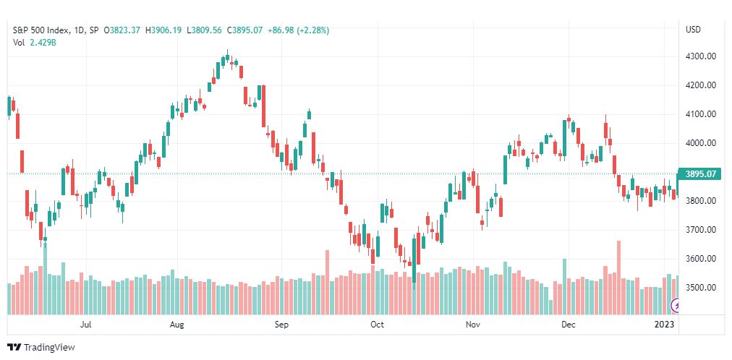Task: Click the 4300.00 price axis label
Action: click(700, 56)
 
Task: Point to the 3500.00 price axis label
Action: click(700, 288)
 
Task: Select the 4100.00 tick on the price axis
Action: click(700, 114)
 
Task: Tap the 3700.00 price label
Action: click(700, 230)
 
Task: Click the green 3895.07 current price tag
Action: click(700, 174)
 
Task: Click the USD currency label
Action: click(693, 30)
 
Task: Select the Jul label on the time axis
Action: click(85, 325)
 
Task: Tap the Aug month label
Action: click(177, 325)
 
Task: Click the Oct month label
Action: click(377, 325)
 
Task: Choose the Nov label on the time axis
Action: click(473, 325)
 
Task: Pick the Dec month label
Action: click(568, 325)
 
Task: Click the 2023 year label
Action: click(665, 325)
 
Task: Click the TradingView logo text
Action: click(49, 348)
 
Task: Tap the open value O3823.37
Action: click(123, 30)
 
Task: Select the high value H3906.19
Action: click(163, 30)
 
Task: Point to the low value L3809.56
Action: click(205, 30)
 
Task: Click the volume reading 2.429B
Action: click(43, 42)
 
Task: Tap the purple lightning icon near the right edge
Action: click(676, 306)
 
